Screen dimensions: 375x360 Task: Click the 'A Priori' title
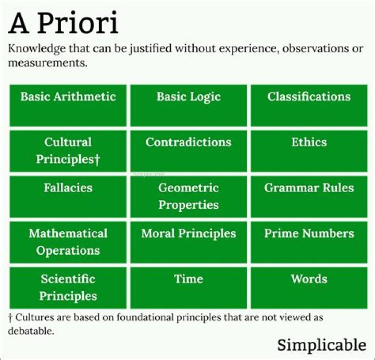(x=63, y=23)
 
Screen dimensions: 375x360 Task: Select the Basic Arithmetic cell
(x=68, y=105)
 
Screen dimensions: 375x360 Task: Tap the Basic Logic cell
(x=189, y=105)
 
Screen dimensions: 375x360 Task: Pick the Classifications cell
(x=309, y=105)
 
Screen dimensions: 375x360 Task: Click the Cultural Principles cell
(x=68, y=151)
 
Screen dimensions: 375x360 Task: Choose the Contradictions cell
(x=189, y=151)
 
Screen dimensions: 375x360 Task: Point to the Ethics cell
(x=309, y=151)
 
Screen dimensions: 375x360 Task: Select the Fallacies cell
(x=68, y=196)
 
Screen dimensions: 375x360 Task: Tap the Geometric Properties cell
(x=189, y=196)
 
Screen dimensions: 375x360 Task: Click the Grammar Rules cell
(x=309, y=196)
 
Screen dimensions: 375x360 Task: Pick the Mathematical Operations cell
(x=68, y=242)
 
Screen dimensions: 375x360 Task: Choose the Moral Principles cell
(x=189, y=242)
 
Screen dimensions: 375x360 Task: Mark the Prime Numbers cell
(x=309, y=242)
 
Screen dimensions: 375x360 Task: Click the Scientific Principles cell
(x=68, y=288)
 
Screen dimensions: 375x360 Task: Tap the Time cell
(x=189, y=288)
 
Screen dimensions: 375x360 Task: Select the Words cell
(x=309, y=288)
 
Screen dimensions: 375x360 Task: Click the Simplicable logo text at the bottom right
(x=322, y=345)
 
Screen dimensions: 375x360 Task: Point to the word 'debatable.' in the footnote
(x=31, y=331)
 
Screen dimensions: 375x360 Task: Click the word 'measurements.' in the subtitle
(x=48, y=63)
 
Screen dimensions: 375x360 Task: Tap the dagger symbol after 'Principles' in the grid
(x=97, y=159)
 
